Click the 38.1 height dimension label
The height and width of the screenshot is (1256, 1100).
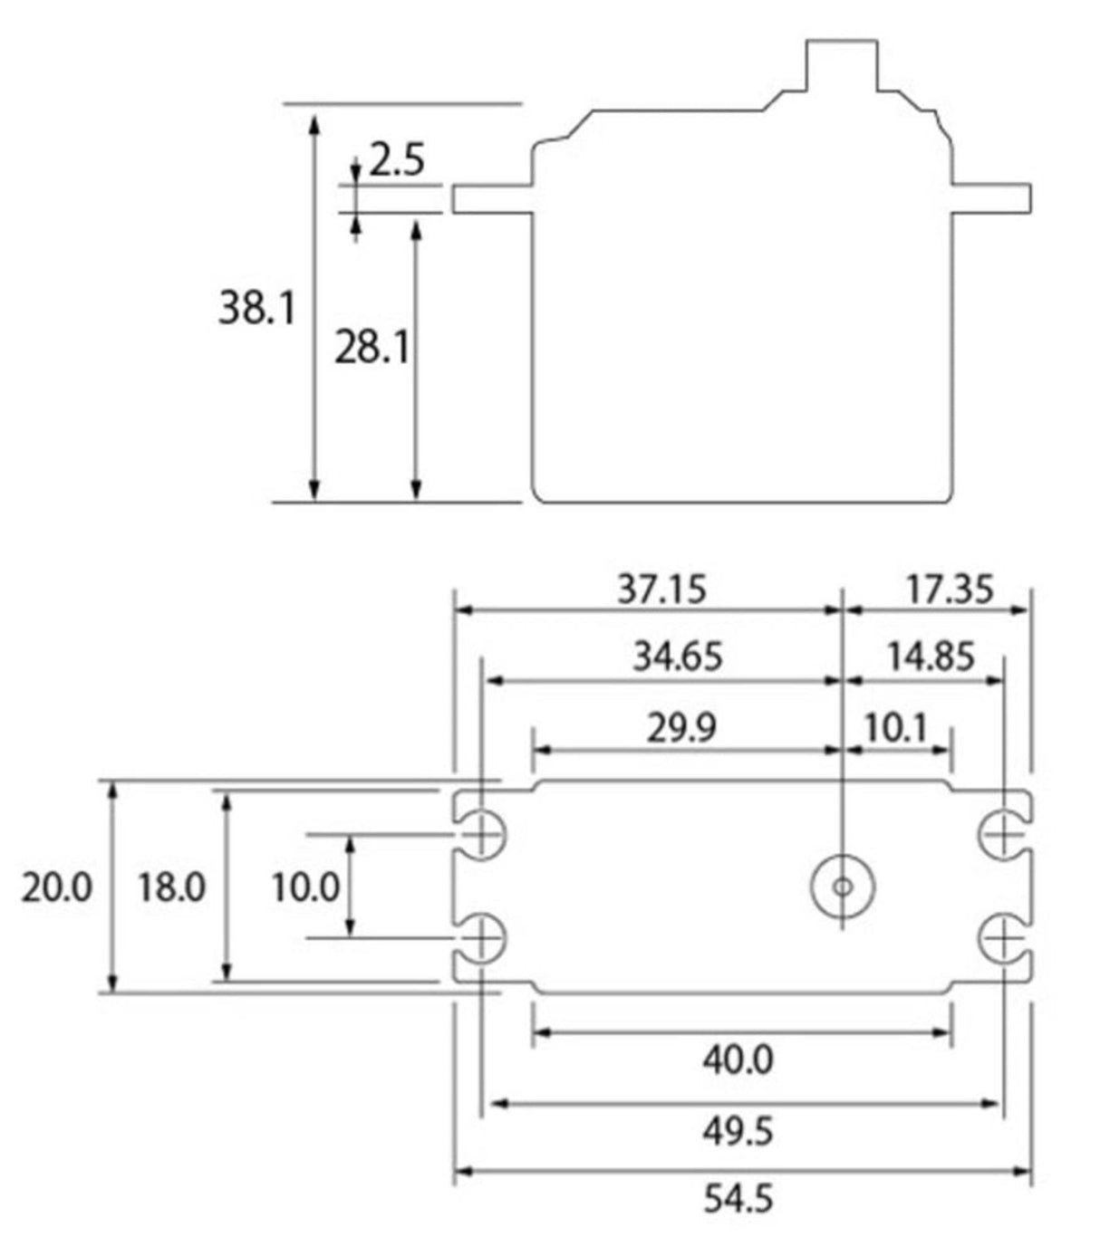tap(256, 309)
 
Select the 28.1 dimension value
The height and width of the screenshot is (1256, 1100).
tap(371, 347)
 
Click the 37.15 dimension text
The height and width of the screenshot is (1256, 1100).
tap(661, 590)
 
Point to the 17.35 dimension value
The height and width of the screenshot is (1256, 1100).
tap(950, 590)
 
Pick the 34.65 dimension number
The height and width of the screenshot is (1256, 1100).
tap(677, 657)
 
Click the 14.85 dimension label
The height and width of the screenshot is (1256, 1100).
tap(930, 657)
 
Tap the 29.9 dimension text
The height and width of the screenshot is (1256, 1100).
tap(680, 728)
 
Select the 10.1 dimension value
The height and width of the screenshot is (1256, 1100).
tap(895, 728)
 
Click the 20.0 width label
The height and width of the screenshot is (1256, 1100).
tap(57, 887)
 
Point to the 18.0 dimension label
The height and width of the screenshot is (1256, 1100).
tap(172, 887)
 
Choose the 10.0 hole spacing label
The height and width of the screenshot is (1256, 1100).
tap(305, 887)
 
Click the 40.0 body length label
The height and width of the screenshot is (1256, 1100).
tap(738, 1059)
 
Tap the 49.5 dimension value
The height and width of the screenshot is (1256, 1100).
tap(738, 1131)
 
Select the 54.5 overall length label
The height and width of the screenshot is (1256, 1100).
tap(738, 1200)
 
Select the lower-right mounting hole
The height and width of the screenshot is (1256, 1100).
tap(1002, 940)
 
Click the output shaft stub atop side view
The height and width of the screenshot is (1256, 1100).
tap(842, 66)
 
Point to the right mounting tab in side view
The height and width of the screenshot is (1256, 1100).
tap(991, 198)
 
